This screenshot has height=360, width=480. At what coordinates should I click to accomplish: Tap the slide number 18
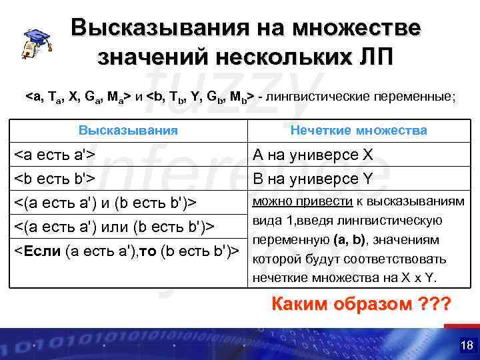pos(466,345)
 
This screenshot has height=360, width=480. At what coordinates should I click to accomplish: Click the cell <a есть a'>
pos(54,155)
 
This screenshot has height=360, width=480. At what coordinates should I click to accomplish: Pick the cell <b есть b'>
pos(54,178)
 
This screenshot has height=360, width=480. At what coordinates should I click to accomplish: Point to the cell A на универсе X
pos(311,155)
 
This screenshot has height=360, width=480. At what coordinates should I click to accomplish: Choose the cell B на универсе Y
pos(311,178)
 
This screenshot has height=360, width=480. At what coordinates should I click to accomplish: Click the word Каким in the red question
pos(296,305)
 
